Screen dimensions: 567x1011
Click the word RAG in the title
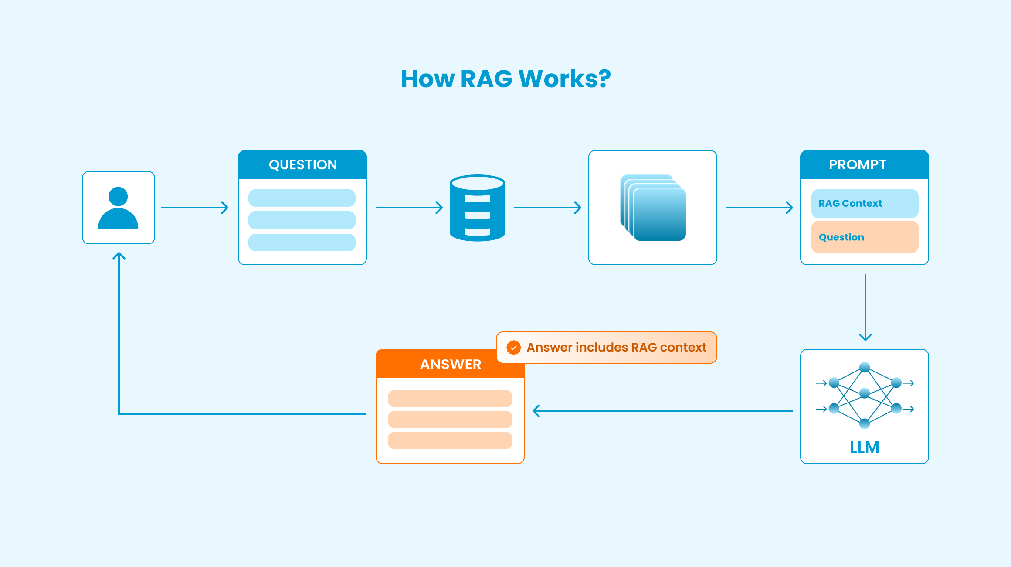click(x=486, y=79)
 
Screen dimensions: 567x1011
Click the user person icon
click(x=118, y=208)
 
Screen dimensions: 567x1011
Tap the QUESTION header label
click(x=303, y=164)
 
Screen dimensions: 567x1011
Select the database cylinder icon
click(x=478, y=208)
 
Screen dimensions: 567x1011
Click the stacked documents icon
click(x=653, y=208)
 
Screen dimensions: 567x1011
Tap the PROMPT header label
click(x=857, y=164)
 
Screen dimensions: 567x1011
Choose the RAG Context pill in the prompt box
click(x=865, y=203)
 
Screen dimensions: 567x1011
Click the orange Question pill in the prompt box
click(x=865, y=237)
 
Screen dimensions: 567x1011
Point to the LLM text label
click(x=864, y=447)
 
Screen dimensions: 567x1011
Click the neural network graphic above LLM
click(x=865, y=395)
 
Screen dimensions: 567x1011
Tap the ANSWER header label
click(x=451, y=364)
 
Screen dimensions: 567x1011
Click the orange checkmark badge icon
click(x=514, y=348)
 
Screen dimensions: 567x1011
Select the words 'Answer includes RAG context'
click(x=616, y=348)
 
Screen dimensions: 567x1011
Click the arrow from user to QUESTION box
click(x=195, y=208)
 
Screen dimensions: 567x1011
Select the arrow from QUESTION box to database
click(x=409, y=208)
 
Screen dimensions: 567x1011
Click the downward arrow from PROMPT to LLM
click(x=865, y=307)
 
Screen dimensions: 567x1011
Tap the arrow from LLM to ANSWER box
click(x=662, y=411)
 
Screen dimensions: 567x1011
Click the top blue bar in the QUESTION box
click(x=302, y=198)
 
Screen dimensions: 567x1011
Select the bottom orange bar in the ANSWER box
click(x=450, y=441)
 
